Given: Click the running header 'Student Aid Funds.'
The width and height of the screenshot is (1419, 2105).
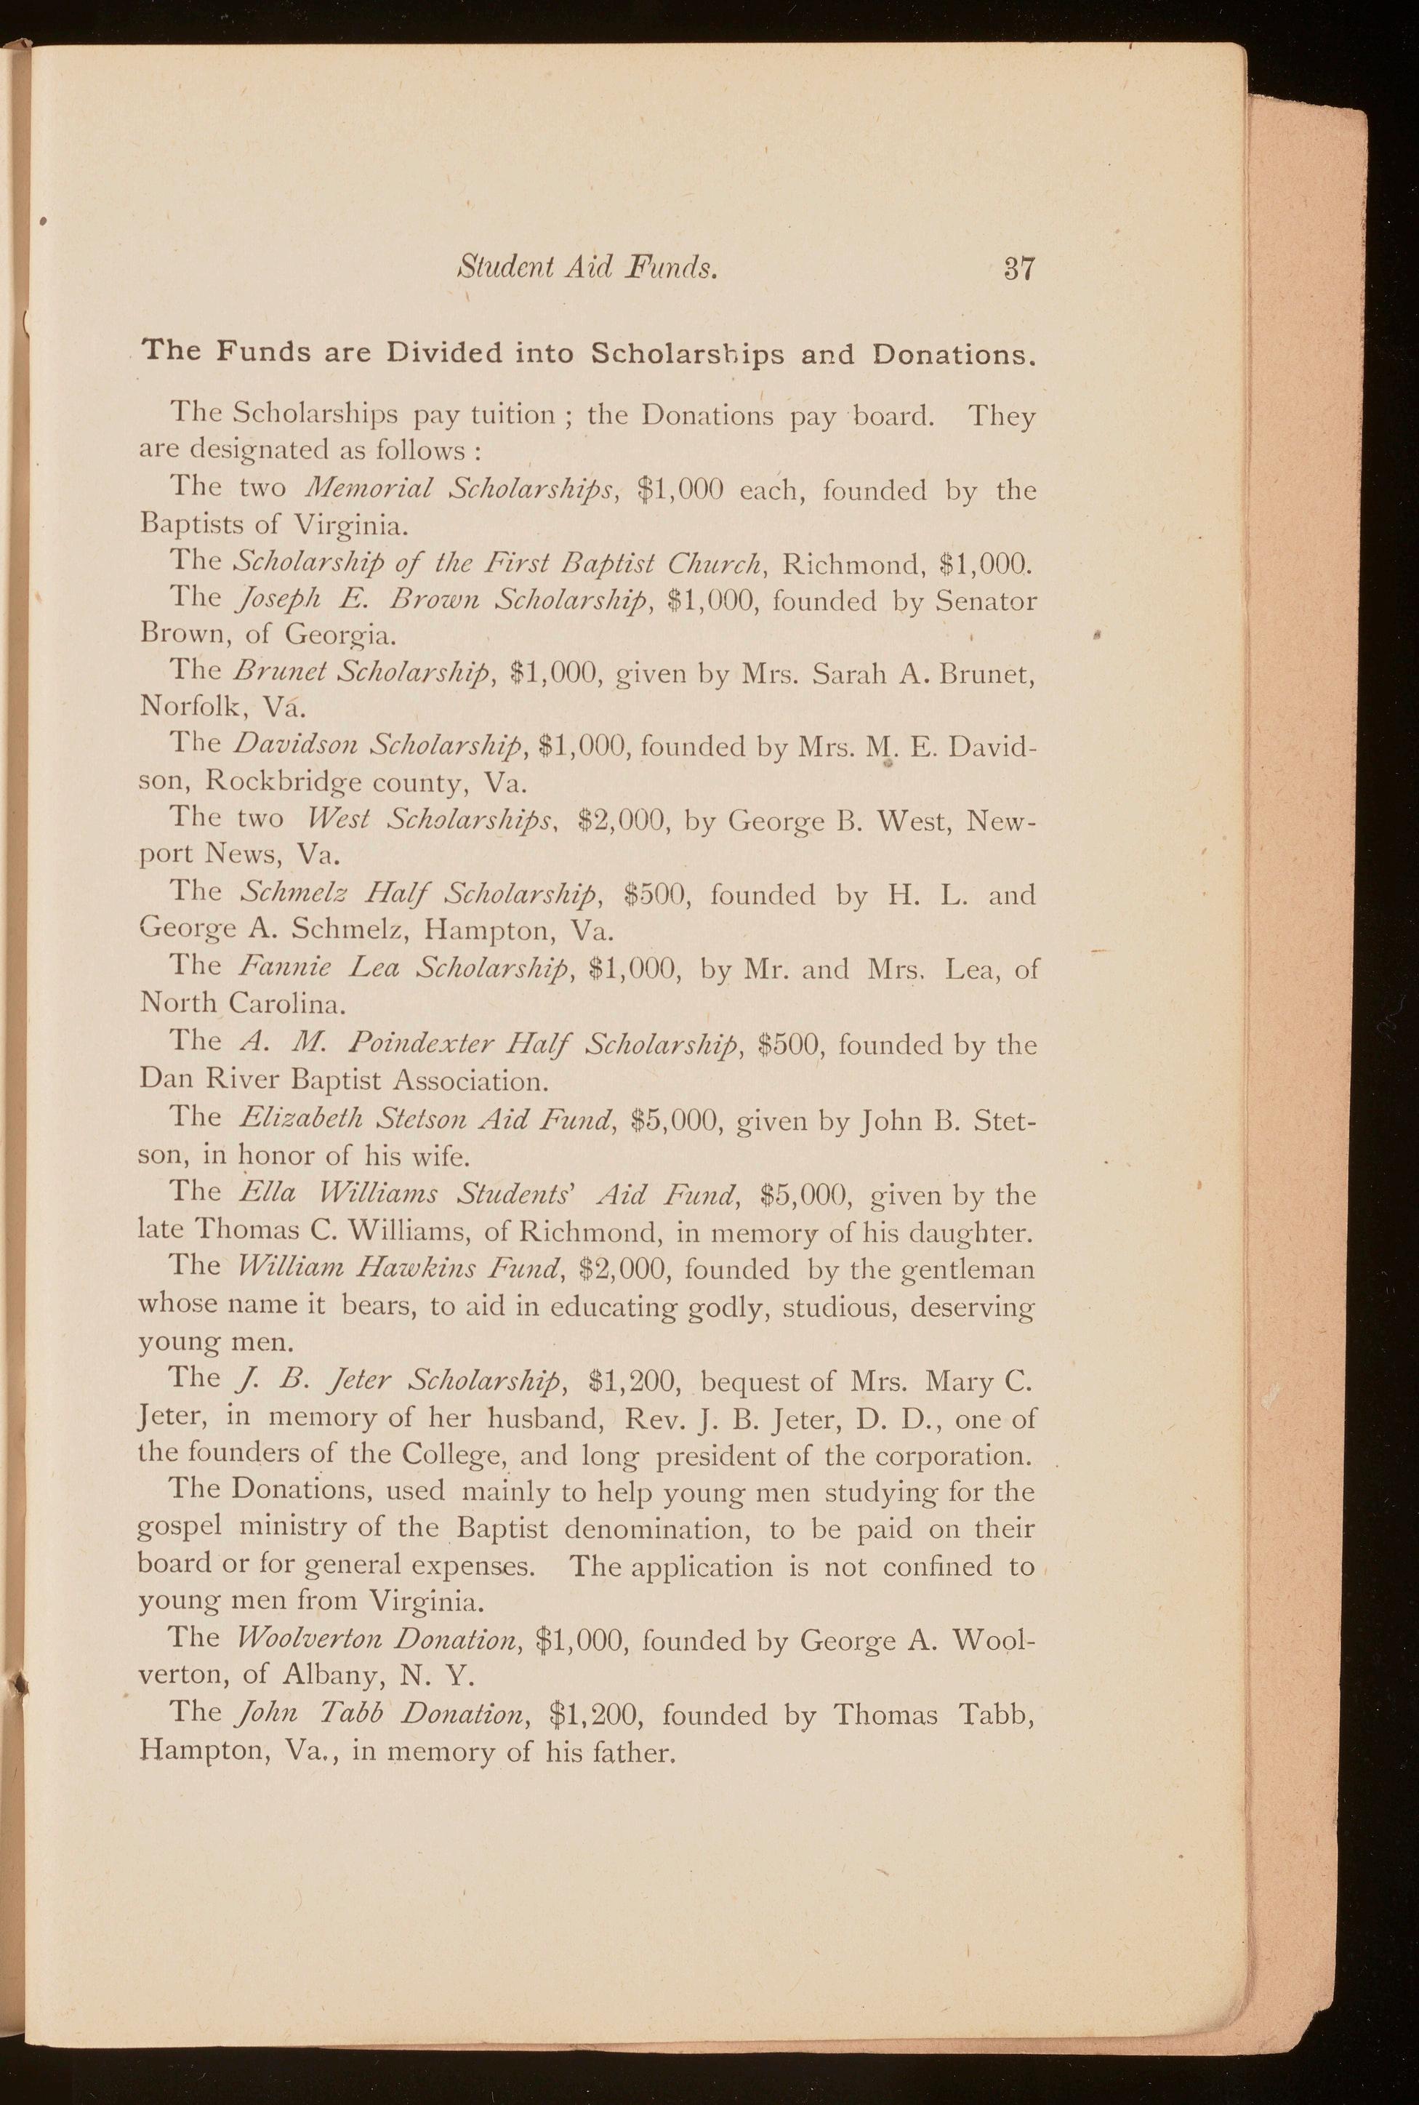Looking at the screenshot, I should (x=588, y=268).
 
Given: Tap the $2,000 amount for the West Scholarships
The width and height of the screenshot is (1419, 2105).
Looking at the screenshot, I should (x=621, y=820).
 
